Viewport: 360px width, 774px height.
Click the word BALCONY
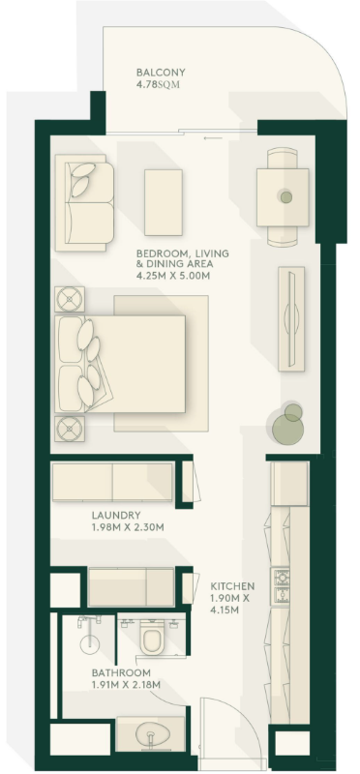[x=161, y=73]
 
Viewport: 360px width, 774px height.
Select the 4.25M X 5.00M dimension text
[x=173, y=277]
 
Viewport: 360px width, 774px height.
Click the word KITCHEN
[x=232, y=586]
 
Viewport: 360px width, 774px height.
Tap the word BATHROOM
[x=121, y=672]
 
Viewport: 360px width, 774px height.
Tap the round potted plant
[x=287, y=420]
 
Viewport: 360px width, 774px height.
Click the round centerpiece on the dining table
[x=285, y=196]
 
